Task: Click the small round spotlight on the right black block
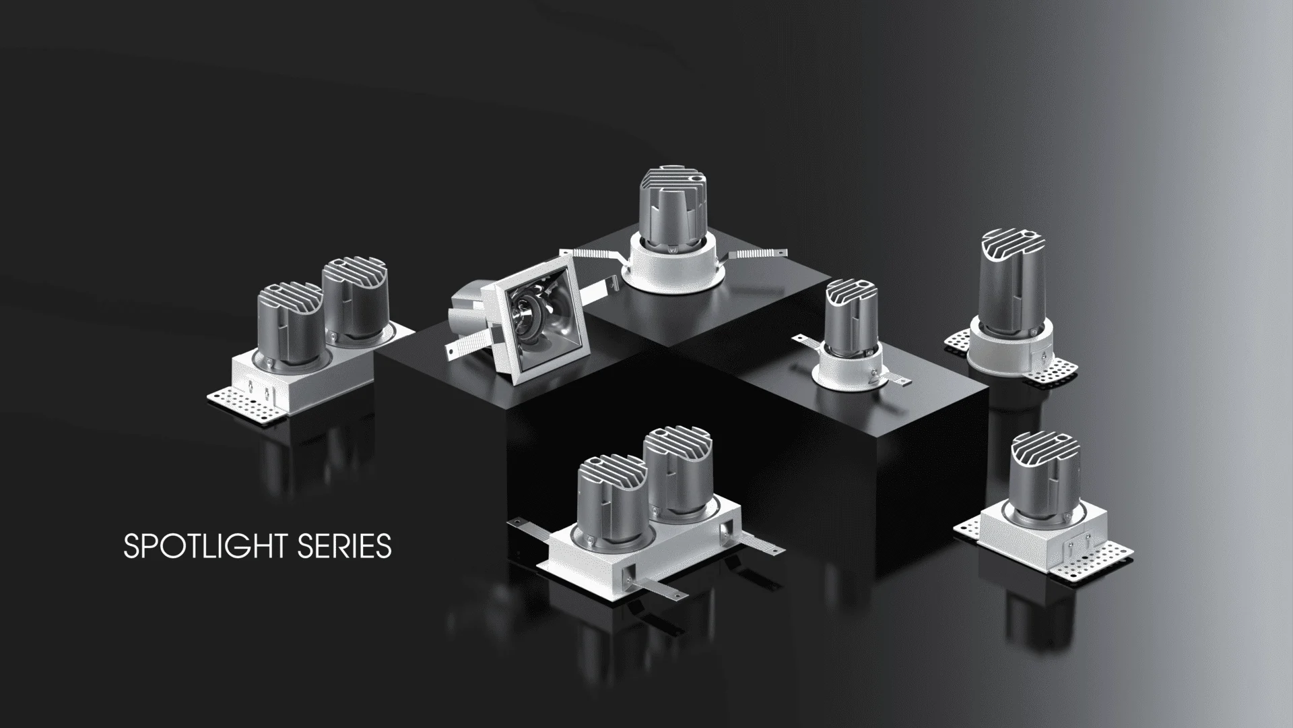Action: click(x=849, y=337)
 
